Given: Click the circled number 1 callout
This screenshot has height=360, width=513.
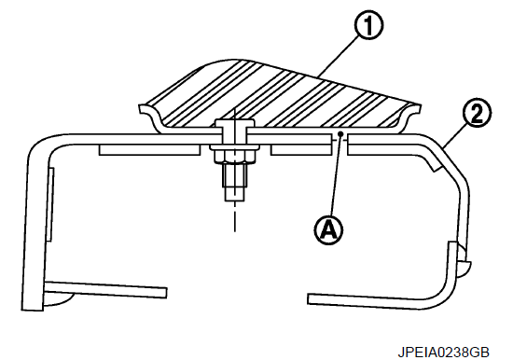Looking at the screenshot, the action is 368,25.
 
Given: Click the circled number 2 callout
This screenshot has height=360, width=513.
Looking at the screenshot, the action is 477,114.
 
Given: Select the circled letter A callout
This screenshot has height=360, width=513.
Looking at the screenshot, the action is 329,230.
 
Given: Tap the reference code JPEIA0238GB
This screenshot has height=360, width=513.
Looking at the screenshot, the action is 443,353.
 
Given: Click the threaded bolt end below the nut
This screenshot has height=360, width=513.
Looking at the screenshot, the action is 234,182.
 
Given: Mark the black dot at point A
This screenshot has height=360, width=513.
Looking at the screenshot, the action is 340,133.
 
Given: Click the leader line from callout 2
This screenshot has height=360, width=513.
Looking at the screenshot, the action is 455,136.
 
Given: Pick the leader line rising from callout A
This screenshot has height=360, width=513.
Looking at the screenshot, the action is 337,175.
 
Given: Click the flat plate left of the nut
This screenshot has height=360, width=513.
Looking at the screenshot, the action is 149,150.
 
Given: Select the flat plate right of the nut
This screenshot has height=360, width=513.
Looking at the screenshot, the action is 300,149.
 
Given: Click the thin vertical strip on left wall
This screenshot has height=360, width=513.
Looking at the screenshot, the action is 50,204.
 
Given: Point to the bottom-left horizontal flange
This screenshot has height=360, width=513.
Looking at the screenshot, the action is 105,289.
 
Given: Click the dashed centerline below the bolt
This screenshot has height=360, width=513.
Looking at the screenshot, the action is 234,216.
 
